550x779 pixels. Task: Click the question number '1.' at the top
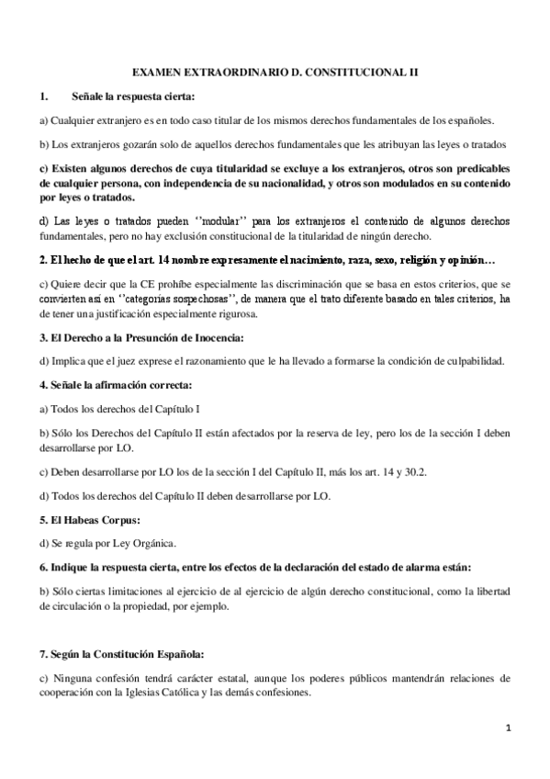[43, 96]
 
